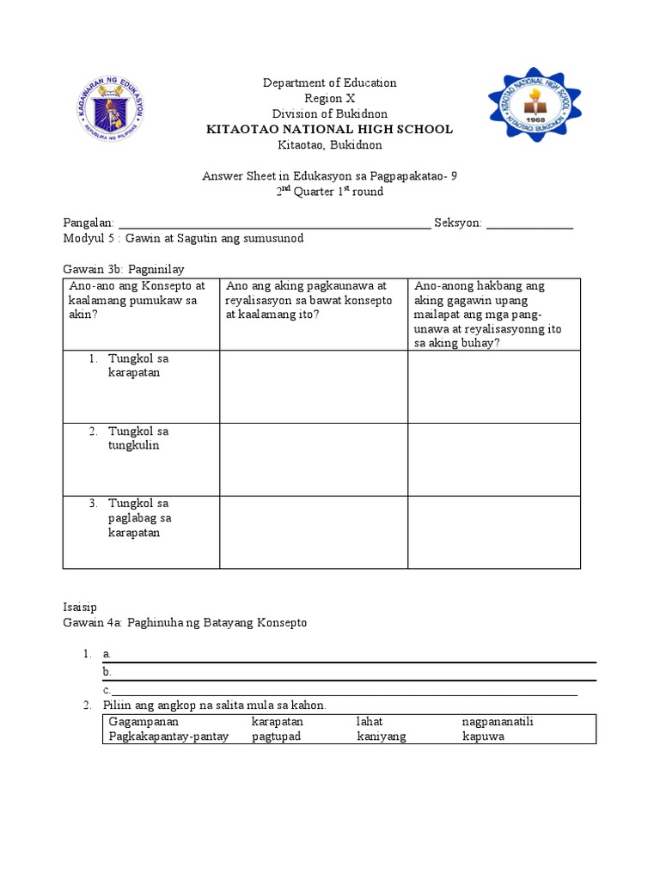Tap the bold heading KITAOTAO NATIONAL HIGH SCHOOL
pyautogui.click(x=329, y=129)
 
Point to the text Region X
pyautogui.click(x=329, y=98)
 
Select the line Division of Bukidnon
pyautogui.click(x=329, y=113)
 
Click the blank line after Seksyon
pyautogui.click(x=529, y=225)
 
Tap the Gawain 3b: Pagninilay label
pyautogui.click(x=124, y=269)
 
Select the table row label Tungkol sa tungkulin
pyautogui.click(x=137, y=438)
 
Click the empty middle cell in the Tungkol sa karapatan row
pyautogui.click(x=314, y=386)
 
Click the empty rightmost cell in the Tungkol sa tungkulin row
pyautogui.click(x=494, y=459)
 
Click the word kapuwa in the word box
pyautogui.click(x=483, y=736)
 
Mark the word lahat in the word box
pyautogui.click(x=370, y=722)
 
